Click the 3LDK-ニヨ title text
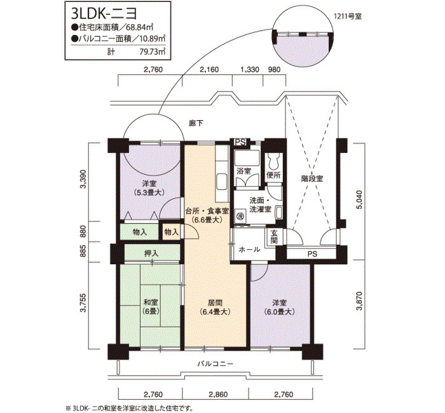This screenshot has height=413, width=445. (x=104, y=13)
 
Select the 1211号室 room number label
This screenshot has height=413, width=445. (x=348, y=17)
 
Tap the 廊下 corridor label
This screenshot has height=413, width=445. (x=196, y=123)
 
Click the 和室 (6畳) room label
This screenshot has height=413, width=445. (x=151, y=307)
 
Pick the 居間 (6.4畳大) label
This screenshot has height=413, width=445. (x=215, y=308)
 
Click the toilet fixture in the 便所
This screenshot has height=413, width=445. (x=275, y=162)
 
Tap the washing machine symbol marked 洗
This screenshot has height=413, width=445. (x=240, y=216)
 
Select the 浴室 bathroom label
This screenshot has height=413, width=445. (x=243, y=171)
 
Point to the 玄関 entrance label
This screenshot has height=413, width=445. (x=273, y=237)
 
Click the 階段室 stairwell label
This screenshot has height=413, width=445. (x=312, y=179)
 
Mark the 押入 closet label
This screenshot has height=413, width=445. (x=151, y=254)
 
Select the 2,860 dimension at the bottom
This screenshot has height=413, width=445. (x=218, y=395)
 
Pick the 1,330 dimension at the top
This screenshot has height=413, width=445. (x=250, y=69)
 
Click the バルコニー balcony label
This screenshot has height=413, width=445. (x=216, y=363)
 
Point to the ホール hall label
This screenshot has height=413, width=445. (x=249, y=250)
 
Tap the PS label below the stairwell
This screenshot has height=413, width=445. (x=312, y=254)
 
